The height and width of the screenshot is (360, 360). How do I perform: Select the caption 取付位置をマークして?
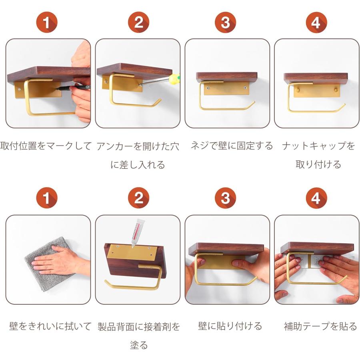point(46,146)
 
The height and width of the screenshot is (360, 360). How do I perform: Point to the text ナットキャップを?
point(318,146)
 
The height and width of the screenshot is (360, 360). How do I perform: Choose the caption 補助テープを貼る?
point(320,326)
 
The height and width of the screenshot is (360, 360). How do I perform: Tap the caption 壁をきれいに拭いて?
point(50,326)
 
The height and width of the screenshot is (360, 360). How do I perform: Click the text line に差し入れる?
point(138,164)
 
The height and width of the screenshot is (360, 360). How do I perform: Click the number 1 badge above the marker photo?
point(47,22)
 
